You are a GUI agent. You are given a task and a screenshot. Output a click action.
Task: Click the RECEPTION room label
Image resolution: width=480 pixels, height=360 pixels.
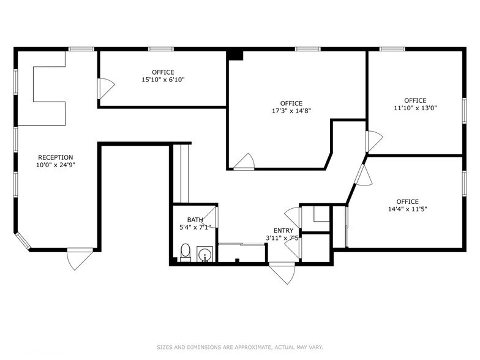pyautogui.click(x=55, y=157)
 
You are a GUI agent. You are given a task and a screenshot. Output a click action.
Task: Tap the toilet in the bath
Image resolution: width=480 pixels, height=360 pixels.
pyautogui.click(x=185, y=253)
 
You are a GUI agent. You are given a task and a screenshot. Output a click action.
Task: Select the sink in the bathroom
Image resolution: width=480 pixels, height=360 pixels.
pyautogui.click(x=204, y=254)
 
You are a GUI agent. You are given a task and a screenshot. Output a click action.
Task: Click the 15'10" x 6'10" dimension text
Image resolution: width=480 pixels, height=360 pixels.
pyautogui.click(x=163, y=80)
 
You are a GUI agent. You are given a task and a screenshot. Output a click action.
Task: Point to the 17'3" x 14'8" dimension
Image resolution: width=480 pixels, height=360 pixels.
pyautogui.click(x=291, y=111)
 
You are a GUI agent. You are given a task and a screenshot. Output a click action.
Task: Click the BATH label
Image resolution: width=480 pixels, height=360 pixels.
pyautogui.click(x=195, y=220)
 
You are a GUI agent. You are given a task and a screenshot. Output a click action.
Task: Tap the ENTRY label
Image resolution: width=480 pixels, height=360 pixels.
pyautogui.click(x=283, y=230)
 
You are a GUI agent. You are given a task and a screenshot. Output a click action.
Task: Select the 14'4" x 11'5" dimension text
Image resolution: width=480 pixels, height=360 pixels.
pyautogui.click(x=408, y=209)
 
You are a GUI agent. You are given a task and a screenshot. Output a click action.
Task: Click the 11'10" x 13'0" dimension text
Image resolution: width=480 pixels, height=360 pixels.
pyautogui.click(x=415, y=108)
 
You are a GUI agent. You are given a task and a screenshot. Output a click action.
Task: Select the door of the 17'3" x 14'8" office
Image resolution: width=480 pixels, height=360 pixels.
pyautogui.click(x=244, y=162)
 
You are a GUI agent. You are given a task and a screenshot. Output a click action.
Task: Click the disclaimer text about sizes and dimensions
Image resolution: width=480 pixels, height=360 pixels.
pyautogui.click(x=240, y=347)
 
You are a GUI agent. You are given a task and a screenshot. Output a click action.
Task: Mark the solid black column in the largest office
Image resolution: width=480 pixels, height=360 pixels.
pyautogui.click(x=235, y=55)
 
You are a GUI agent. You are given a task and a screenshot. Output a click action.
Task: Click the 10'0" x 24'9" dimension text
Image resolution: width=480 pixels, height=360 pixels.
pyautogui.click(x=55, y=165)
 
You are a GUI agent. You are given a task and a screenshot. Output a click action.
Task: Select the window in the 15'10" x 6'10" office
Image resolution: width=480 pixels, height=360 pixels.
pyautogui.click(x=161, y=49)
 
